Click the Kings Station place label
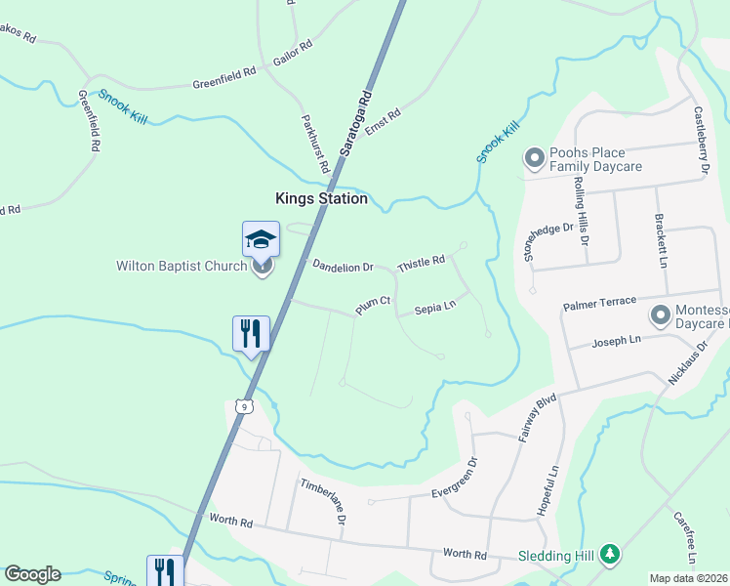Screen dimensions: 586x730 [x=321, y=198]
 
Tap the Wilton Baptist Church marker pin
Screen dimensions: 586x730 [x=262, y=266]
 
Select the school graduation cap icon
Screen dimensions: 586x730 [x=261, y=238]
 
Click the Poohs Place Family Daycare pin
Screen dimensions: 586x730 [x=534, y=157]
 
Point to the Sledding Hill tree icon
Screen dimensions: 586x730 [x=610, y=554]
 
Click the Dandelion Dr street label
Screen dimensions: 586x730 [x=343, y=266]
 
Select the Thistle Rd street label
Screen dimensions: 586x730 [x=422, y=263]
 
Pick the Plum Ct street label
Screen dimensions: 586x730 [x=373, y=307]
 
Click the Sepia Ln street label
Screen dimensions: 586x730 [x=435, y=307]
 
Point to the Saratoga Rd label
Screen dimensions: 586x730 [x=356, y=124]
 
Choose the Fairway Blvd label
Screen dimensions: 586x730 [x=537, y=418]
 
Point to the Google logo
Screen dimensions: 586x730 [x=32, y=573]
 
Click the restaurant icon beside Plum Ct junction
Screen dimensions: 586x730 [x=251, y=333]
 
